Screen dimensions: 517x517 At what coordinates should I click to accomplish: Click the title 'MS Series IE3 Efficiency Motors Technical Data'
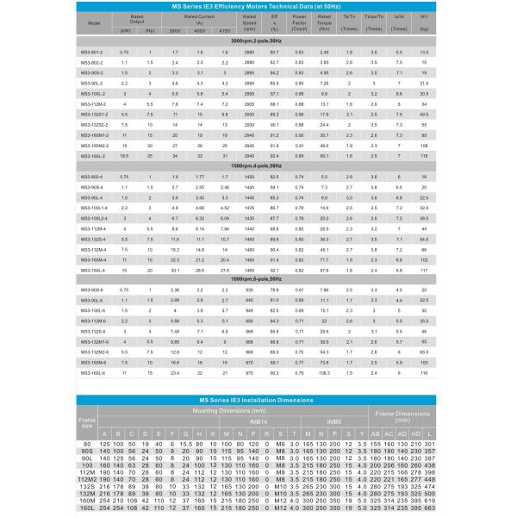pos(259,7)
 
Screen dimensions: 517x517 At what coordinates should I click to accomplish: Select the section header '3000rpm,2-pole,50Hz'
pos(259,40)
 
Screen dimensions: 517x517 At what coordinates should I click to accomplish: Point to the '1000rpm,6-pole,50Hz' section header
pos(259,278)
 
